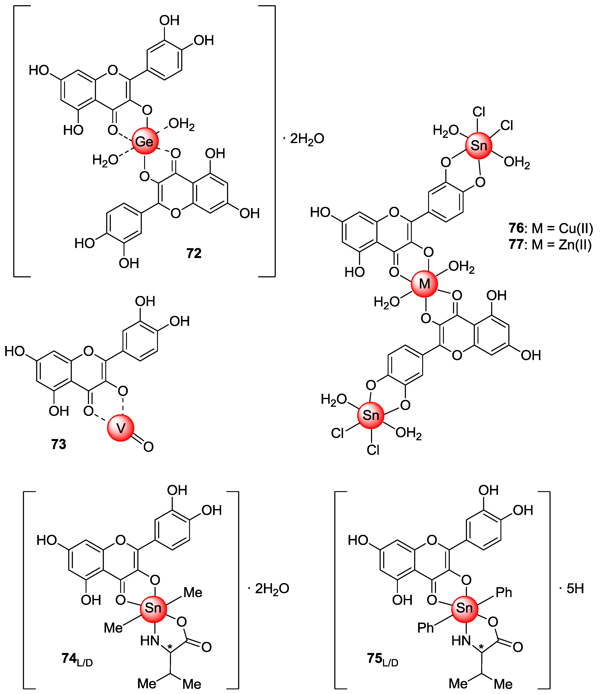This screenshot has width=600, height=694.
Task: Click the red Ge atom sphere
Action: pos(145,141)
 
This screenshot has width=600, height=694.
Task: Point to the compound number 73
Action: pos(59,444)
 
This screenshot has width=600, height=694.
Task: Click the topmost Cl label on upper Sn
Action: pos(479,112)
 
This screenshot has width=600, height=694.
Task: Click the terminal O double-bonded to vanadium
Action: pos(148,447)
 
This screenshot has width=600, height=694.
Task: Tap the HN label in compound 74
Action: pos(149,641)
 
